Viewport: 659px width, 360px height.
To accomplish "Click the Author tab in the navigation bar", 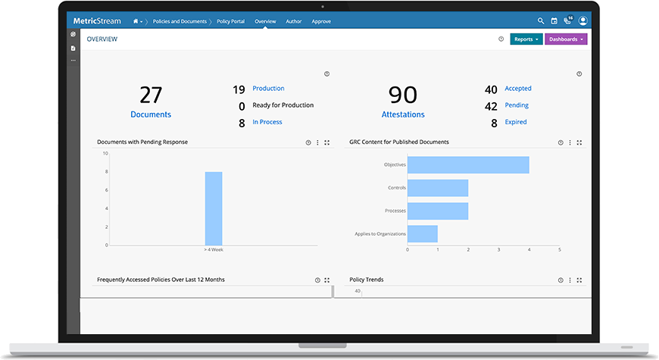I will tap(293, 22).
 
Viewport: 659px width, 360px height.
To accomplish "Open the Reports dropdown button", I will tap(526, 39).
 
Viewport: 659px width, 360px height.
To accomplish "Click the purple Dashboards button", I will tap(566, 39).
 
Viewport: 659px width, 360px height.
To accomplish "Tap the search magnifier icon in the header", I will tap(541, 21).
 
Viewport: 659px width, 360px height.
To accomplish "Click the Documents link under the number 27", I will tap(151, 114).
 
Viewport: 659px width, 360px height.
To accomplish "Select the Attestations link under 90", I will tap(403, 114).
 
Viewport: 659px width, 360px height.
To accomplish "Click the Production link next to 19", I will tap(268, 89).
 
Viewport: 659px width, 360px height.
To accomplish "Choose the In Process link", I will tap(267, 122).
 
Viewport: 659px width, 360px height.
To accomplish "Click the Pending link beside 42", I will tap(517, 105).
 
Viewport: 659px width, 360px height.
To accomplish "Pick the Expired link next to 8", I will tap(516, 122).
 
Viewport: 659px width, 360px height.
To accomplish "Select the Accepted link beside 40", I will tap(518, 89).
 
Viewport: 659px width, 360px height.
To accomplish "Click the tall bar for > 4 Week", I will tap(214, 208).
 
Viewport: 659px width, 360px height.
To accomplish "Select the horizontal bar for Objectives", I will tap(468, 164).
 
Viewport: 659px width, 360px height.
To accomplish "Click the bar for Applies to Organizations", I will tap(423, 233).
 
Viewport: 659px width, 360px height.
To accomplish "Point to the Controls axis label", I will tap(396, 188).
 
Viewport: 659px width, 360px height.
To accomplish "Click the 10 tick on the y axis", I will tap(105, 154).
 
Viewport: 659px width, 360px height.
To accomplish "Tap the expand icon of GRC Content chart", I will tap(579, 142).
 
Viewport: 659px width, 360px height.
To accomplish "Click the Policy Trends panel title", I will tap(367, 280).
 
